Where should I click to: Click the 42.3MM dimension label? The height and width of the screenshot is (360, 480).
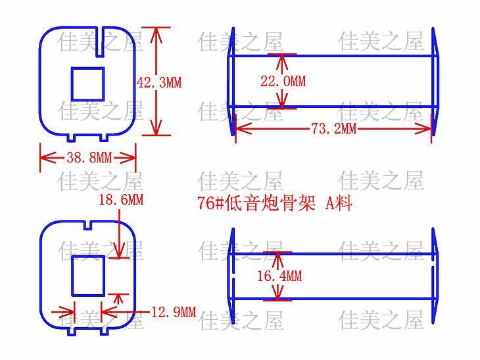pyautogui.click(x=158, y=83)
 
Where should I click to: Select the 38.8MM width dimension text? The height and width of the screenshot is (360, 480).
pyautogui.click(x=89, y=158)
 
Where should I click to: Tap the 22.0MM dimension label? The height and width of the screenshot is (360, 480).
pyautogui.click(x=283, y=82)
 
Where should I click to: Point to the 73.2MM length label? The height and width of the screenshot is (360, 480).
pyautogui.click(x=333, y=129)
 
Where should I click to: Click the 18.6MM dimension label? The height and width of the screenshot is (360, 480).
pyautogui.click(x=120, y=199)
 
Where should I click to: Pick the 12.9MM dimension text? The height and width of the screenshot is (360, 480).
pyautogui.click(x=174, y=312)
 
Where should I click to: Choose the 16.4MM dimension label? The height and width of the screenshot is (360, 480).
pyautogui.click(x=279, y=276)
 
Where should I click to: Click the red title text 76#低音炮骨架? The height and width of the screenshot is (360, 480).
pyautogui.click(x=256, y=203)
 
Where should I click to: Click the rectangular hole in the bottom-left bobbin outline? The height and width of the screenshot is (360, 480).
pyautogui.click(x=88, y=275)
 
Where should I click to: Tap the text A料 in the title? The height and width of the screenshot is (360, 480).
pyautogui.click(x=339, y=203)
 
